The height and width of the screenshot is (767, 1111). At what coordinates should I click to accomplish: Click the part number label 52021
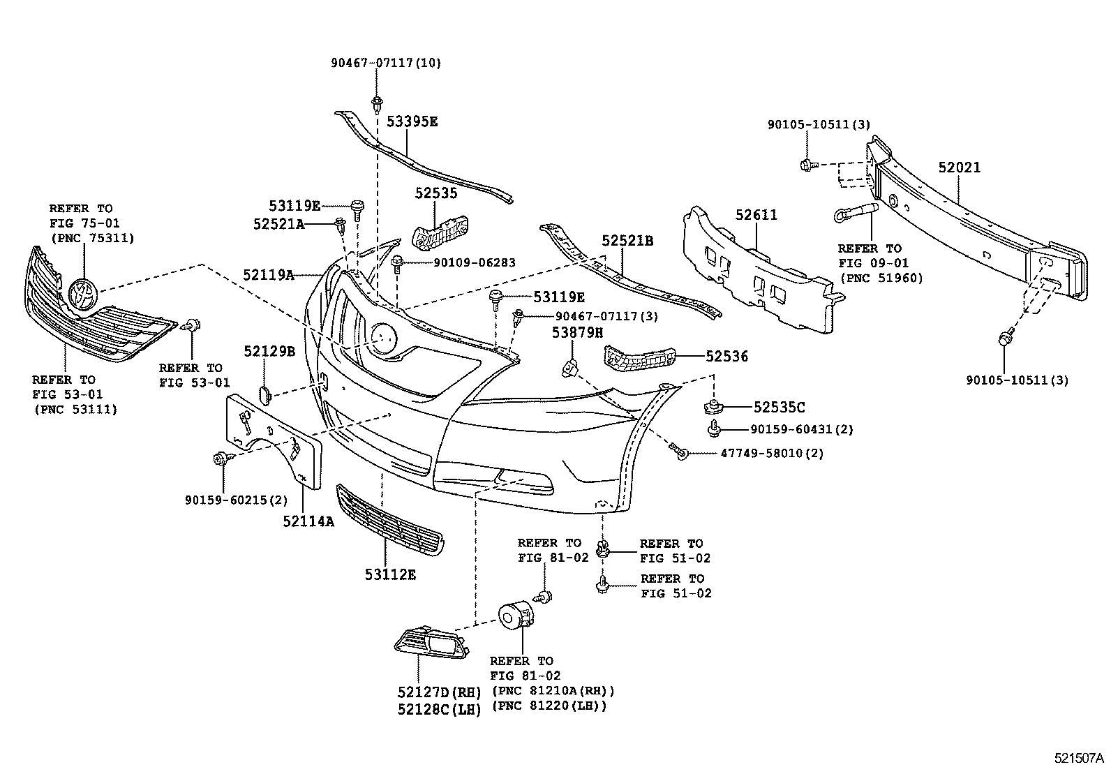(959, 167)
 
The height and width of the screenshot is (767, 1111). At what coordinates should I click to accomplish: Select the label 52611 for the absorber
(756, 215)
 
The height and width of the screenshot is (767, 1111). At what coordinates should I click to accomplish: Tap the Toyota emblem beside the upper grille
(83, 292)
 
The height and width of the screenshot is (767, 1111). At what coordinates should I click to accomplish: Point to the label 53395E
(412, 121)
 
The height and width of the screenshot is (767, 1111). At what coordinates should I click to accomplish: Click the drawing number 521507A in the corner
(1079, 757)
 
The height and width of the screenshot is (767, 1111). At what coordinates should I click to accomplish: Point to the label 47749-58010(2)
(773, 454)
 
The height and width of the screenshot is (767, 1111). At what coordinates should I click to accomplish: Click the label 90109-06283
(474, 263)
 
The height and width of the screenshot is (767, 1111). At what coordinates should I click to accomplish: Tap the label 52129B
(269, 352)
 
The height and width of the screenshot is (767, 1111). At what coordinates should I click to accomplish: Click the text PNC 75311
(91, 237)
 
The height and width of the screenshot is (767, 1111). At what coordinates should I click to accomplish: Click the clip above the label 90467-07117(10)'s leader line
(377, 103)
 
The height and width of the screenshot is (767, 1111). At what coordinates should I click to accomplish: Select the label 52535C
(779, 407)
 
